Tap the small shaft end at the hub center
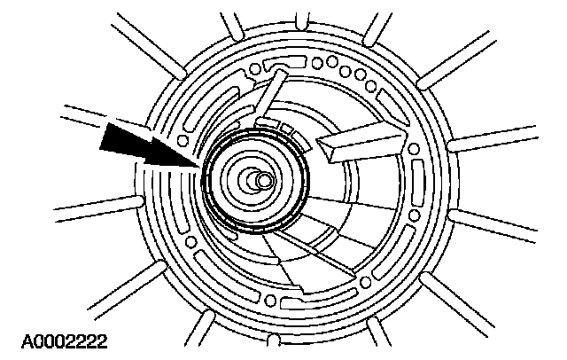pos(265,180)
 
